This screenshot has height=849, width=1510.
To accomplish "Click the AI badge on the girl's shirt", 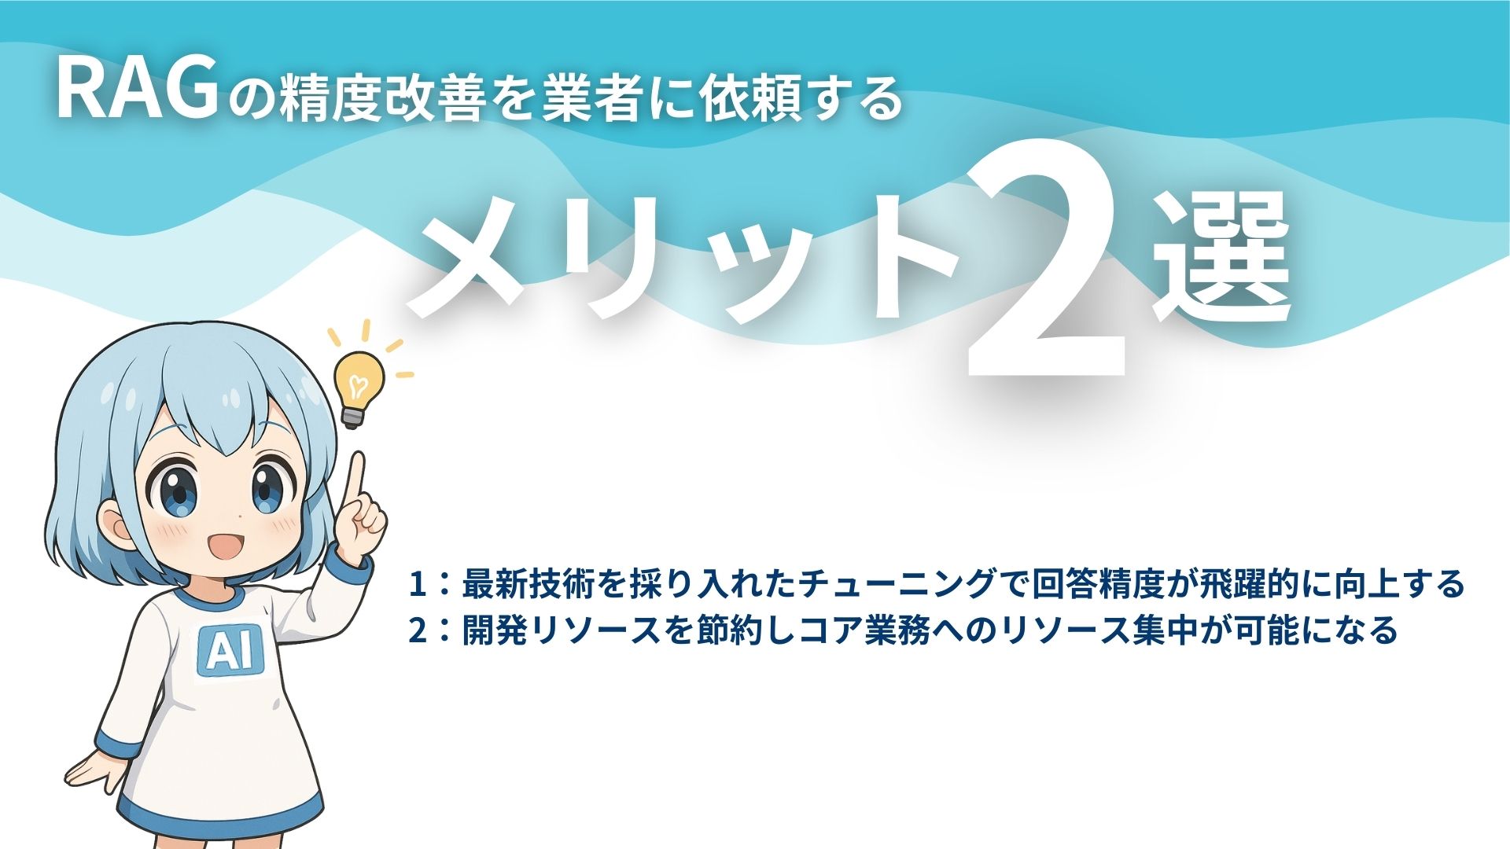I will point(229,650).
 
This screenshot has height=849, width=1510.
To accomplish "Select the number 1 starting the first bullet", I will point(417,584).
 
